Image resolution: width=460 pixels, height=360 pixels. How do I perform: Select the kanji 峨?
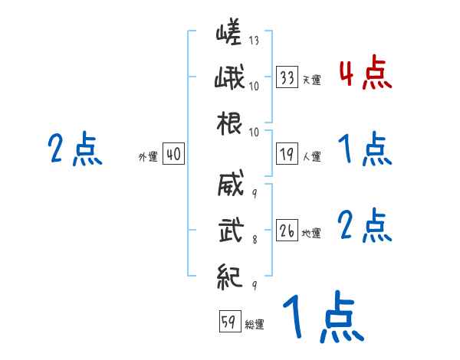[x=229, y=79]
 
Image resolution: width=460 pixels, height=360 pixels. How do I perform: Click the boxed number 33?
[x=287, y=77]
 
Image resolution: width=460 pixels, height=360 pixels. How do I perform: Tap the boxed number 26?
[x=287, y=231]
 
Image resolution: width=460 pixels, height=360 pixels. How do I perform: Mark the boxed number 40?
[x=173, y=155]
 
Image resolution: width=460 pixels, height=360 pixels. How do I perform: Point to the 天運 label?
[x=312, y=80]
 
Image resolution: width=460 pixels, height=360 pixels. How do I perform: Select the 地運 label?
[x=312, y=233]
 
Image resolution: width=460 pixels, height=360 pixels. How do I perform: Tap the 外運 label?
[x=148, y=157]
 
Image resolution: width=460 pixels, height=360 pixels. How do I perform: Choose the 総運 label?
[x=255, y=324]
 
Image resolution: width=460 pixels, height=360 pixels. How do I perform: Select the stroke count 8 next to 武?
[x=254, y=239]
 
